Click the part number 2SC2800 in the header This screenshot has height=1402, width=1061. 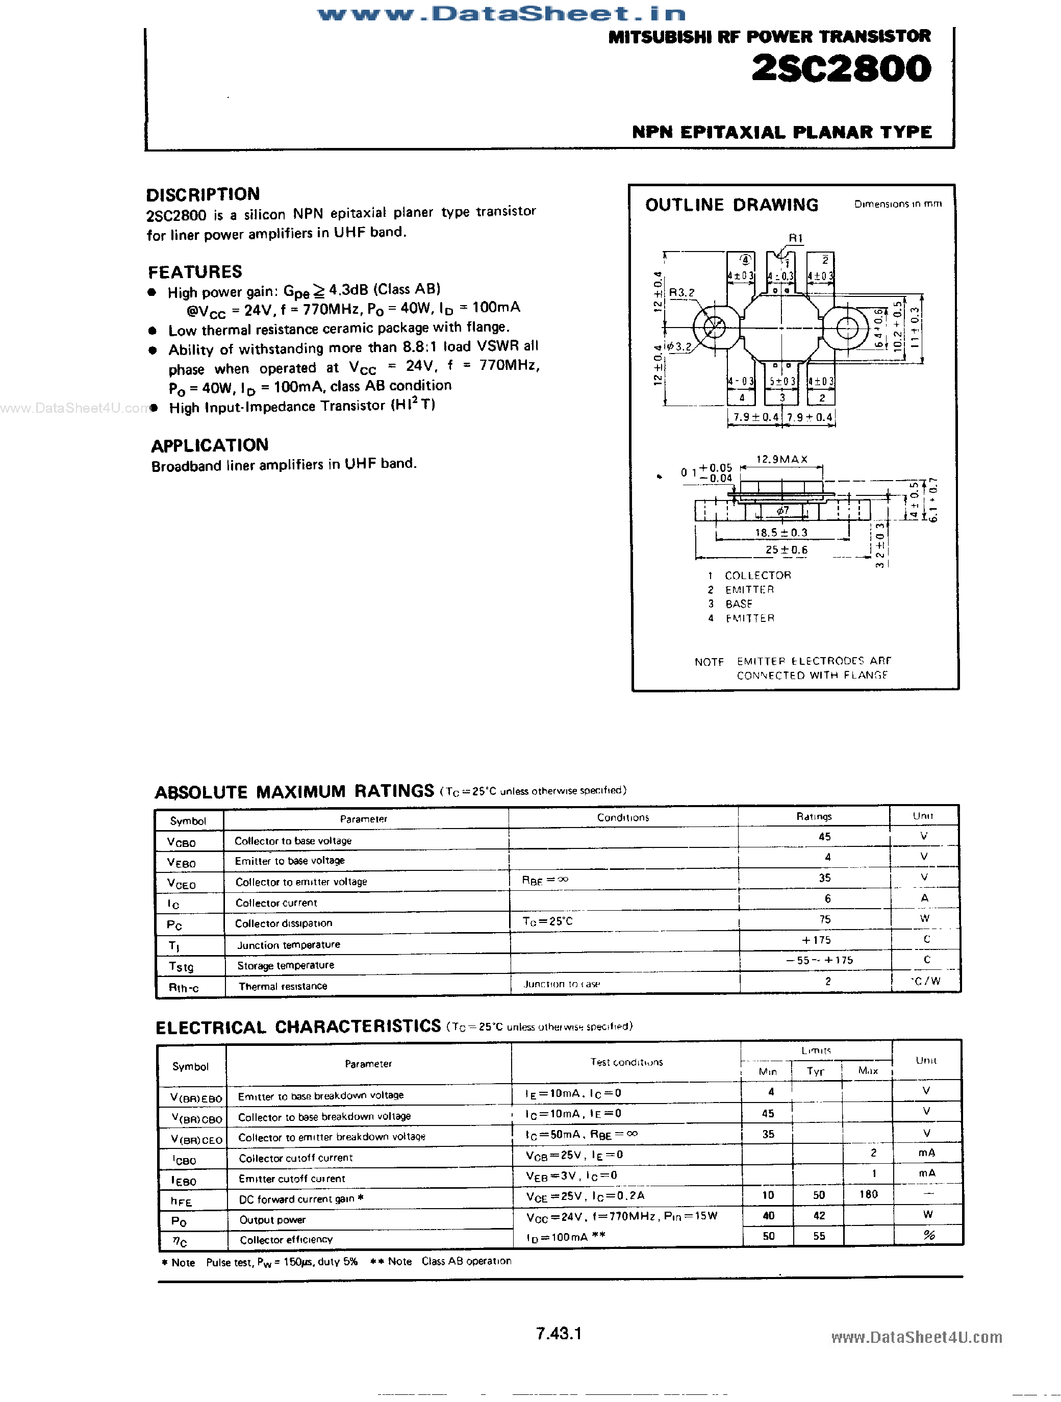click(841, 69)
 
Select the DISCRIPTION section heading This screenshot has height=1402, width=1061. click(203, 194)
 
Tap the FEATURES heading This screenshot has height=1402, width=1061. click(195, 272)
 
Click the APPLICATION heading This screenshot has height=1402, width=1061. click(210, 445)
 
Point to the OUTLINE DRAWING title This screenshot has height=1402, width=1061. click(731, 205)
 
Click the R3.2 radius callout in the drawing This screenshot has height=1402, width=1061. click(682, 292)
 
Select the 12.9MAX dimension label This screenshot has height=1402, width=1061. click(781, 459)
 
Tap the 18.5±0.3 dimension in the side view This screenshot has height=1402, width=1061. click(781, 533)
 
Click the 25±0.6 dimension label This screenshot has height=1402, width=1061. click(786, 549)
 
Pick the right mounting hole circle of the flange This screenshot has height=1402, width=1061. click(847, 328)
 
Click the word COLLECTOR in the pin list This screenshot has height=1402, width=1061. click(758, 575)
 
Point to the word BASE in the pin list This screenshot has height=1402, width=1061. click(739, 604)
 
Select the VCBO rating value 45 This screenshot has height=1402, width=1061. click(824, 836)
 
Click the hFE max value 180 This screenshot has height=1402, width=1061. click(868, 1194)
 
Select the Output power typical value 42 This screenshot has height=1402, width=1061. click(819, 1215)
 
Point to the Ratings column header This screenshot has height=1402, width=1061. click(814, 816)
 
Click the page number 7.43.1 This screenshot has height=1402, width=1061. click(559, 1334)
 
